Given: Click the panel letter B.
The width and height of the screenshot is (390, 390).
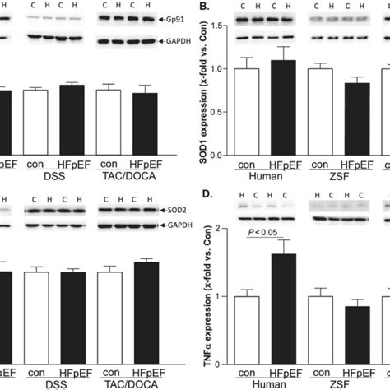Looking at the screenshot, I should (x=216, y=9).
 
